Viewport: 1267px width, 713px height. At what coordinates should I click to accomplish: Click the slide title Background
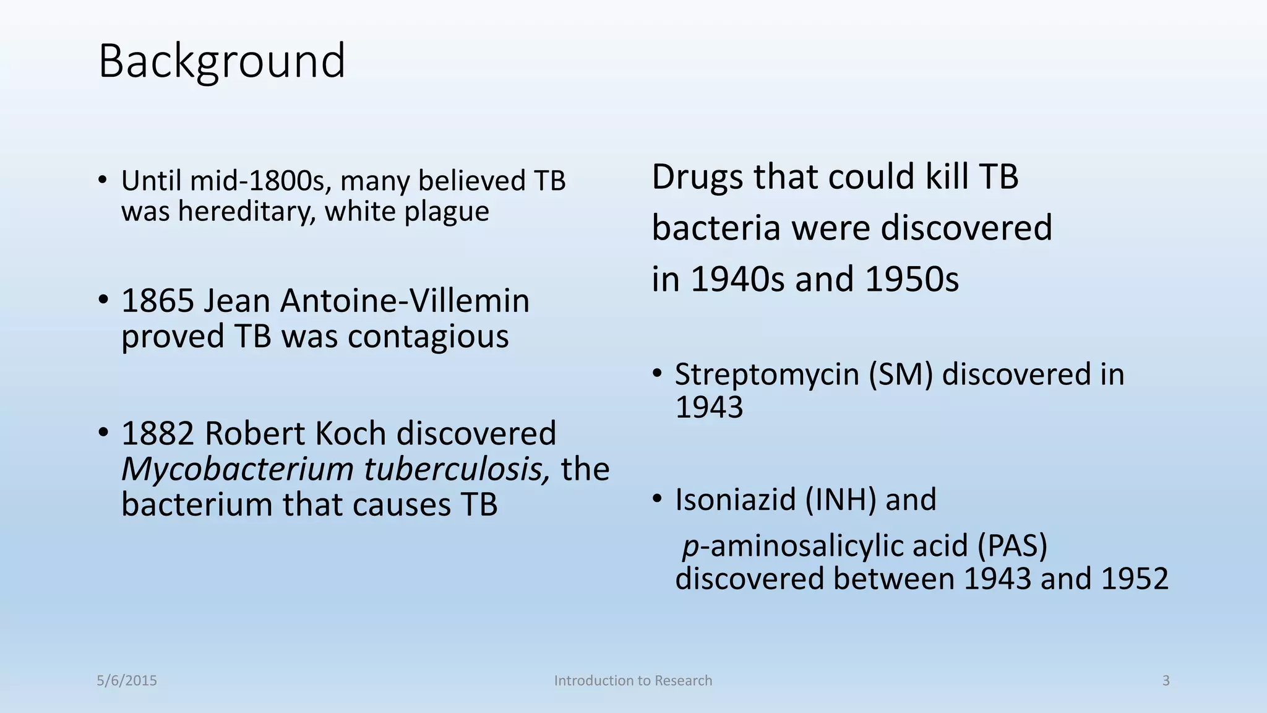221,61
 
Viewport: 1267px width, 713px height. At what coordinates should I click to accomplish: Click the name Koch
350,433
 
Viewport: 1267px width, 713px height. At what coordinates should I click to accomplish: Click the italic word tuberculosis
457,470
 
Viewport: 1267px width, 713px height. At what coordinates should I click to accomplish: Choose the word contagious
427,337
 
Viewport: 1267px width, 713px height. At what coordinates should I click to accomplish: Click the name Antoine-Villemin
405,301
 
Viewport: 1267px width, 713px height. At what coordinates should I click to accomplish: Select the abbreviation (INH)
840,499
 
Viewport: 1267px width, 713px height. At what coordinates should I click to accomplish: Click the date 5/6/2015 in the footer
127,681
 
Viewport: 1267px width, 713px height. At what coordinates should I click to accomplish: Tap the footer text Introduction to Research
633,681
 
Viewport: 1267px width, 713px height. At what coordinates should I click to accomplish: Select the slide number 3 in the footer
1166,681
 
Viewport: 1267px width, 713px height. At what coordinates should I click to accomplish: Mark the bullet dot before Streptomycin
657,373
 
